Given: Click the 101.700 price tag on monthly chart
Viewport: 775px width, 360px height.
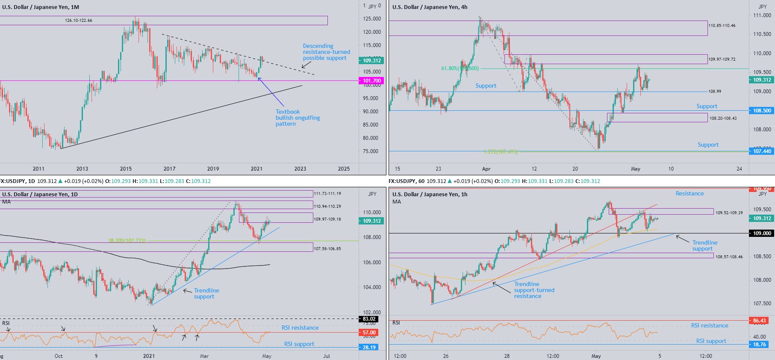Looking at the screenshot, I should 371,81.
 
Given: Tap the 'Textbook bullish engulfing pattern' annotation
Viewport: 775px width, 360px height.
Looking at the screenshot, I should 298,118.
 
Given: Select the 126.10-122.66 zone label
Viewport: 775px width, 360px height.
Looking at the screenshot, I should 78,21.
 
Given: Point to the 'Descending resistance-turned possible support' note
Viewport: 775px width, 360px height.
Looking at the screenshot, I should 326,52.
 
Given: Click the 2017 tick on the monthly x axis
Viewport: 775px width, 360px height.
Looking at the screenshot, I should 169,169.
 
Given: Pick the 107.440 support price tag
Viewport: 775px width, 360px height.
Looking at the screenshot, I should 762,151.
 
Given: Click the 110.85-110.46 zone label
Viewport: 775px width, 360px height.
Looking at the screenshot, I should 722,26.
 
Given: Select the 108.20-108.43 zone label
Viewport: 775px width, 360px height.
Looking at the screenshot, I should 723,118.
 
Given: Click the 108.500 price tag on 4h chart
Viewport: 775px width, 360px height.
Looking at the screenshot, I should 762,111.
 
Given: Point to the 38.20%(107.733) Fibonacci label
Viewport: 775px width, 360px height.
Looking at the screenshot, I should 127,241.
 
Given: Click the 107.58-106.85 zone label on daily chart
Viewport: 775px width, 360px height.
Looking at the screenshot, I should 327,248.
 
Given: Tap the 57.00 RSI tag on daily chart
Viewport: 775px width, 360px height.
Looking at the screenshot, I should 369,333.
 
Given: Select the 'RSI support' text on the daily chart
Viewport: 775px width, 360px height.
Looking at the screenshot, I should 299,344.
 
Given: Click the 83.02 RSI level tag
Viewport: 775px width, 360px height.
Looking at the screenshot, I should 369,319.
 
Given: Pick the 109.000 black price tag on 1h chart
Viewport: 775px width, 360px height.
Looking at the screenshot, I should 762,233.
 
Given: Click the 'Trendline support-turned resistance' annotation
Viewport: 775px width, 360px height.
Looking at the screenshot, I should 534,290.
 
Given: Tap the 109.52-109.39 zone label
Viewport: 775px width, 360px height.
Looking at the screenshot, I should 729,212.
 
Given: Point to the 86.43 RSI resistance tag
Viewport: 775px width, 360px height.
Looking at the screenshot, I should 759,321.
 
